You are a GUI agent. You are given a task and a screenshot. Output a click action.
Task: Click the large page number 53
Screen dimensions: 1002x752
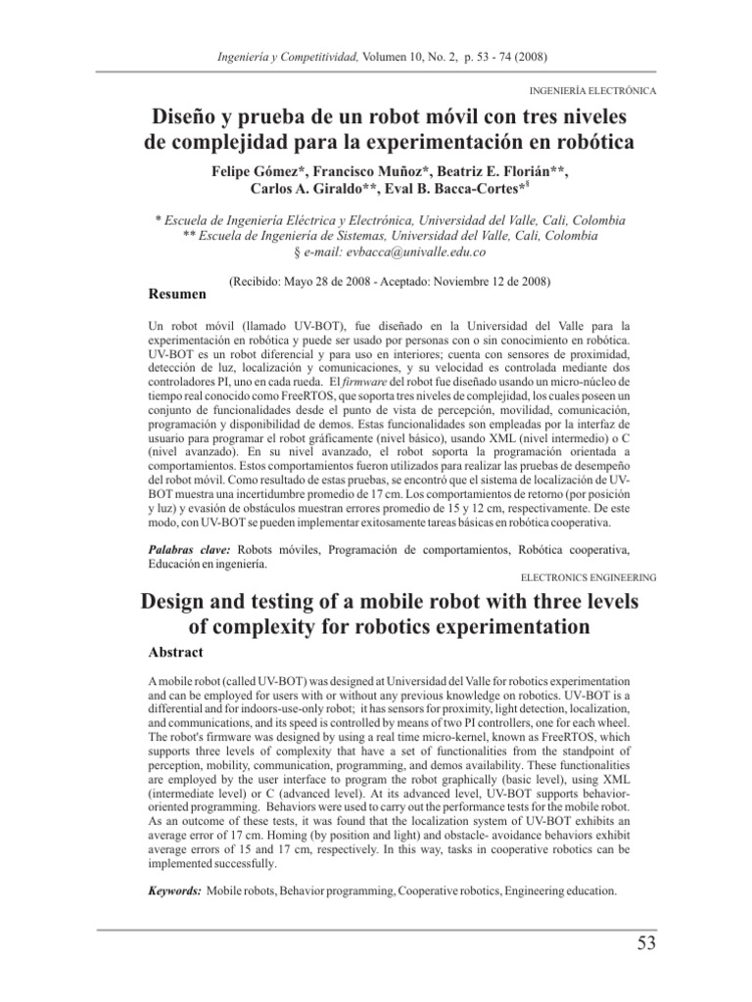coord(642,944)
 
